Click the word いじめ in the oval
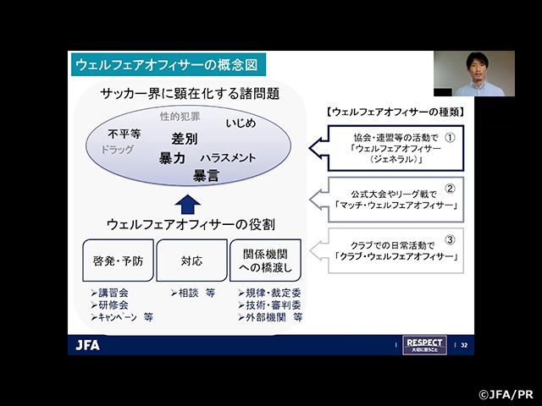pyautogui.click(x=241, y=123)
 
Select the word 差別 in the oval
pyautogui.click(x=184, y=139)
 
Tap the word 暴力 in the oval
pyautogui.click(x=172, y=157)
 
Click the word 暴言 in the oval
pyautogui.click(x=206, y=175)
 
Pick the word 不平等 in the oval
pyautogui.click(x=124, y=134)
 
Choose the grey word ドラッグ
pyautogui.click(x=118, y=150)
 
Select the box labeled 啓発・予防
pyautogui.click(x=119, y=261)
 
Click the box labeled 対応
pyautogui.click(x=192, y=261)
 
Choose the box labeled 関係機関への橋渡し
pyautogui.click(x=265, y=261)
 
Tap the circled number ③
pyautogui.click(x=450, y=239)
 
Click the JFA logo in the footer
pyautogui.click(x=88, y=344)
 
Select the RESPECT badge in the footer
pyautogui.click(x=425, y=344)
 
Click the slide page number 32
pyautogui.click(x=463, y=344)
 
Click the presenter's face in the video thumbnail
pyautogui.click(x=472, y=68)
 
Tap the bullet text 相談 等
pyautogui.click(x=191, y=294)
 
